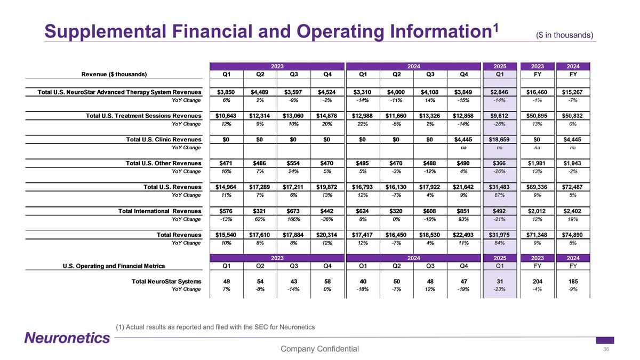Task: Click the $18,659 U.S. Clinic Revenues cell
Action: point(499,139)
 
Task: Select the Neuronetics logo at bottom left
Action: point(67,338)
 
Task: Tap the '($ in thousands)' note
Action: point(565,35)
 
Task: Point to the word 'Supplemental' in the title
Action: point(105,31)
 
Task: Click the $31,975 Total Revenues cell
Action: point(499,235)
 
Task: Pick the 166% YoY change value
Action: point(293,219)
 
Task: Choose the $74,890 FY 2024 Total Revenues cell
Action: point(572,235)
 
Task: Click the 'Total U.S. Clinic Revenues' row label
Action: point(164,139)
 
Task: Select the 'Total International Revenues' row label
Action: point(159,211)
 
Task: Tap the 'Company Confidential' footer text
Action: point(319,349)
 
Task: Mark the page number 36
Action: point(606,349)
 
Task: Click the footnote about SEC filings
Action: point(215,327)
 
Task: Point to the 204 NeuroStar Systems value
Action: point(538,282)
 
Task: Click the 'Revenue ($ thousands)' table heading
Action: point(114,74)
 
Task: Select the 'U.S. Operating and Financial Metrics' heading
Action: point(114,266)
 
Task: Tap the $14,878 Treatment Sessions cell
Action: point(326,116)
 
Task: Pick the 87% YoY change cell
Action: point(499,195)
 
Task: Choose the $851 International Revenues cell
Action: point(463,211)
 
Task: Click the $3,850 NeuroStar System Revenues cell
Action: point(226,92)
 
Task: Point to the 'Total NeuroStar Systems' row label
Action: point(166,282)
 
